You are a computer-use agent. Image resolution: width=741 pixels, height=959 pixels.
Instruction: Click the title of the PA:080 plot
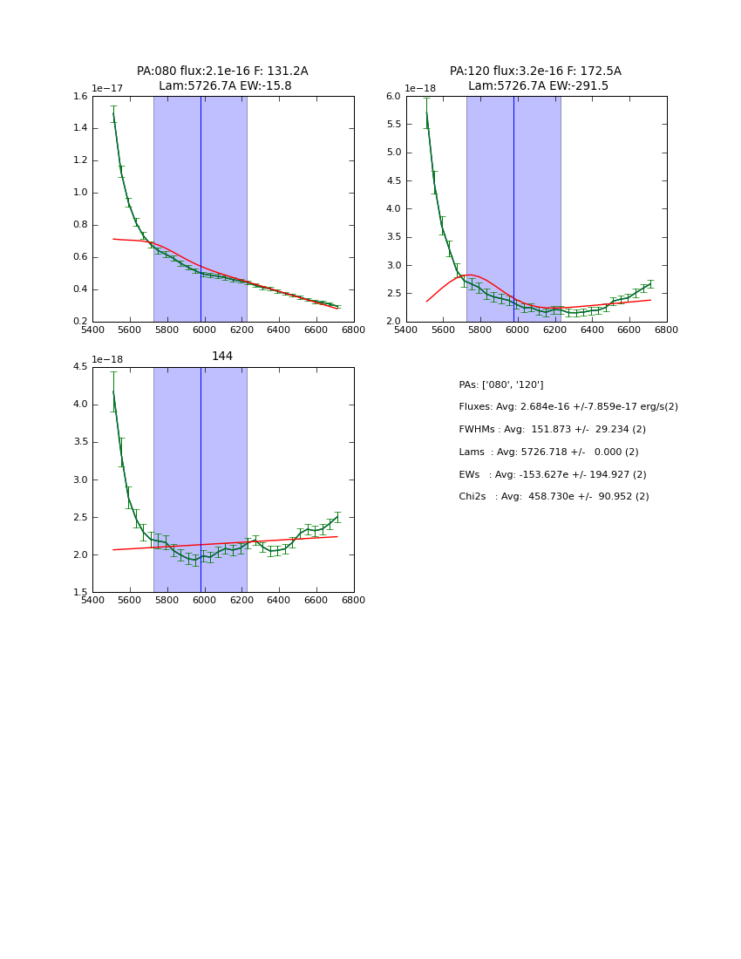222,78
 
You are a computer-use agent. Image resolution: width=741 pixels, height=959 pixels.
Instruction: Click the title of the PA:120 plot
535,78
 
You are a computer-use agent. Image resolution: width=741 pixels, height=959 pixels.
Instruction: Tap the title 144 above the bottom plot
222,357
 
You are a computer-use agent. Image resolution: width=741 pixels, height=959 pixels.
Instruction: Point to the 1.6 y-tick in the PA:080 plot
79,97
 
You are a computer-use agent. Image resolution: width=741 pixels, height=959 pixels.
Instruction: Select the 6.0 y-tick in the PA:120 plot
392,97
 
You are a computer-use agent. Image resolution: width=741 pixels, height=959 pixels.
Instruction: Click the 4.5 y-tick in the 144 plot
79,367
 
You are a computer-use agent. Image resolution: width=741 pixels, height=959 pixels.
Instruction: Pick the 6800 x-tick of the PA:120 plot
667,330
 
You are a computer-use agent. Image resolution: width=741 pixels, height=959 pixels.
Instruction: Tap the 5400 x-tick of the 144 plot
92,600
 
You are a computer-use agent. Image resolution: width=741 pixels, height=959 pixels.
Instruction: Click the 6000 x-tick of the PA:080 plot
204,330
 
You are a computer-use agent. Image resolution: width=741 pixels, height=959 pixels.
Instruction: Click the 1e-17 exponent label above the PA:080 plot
107,88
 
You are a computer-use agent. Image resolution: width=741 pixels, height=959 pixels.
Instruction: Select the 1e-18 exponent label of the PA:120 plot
420,88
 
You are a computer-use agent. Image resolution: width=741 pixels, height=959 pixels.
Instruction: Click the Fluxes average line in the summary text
568,407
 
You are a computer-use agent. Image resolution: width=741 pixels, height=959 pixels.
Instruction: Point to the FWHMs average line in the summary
552,430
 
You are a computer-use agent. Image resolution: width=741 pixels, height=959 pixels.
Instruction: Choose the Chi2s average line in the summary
554,497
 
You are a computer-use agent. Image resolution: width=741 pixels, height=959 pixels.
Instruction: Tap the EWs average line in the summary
552,475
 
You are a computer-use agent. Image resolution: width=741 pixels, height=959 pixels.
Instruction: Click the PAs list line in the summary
500,385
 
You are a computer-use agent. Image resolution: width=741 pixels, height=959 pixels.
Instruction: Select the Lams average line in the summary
548,452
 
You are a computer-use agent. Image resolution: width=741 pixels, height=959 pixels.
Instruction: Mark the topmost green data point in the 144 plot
113,391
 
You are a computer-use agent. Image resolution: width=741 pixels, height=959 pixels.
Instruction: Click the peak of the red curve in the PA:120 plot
470,275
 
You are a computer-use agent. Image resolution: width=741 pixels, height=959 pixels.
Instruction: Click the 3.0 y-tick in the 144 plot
79,479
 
